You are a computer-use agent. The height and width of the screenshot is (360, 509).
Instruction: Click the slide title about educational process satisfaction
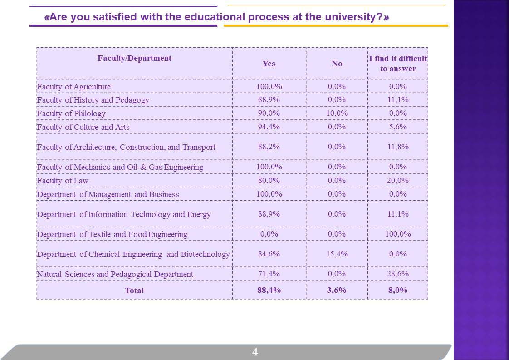[x=217, y=18]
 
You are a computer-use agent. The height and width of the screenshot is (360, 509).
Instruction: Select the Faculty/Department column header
[x=134, y=58]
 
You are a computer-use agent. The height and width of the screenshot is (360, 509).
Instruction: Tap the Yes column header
[x=269, y=64]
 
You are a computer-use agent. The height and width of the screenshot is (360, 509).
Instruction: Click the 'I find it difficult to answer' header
[x=398, y=64]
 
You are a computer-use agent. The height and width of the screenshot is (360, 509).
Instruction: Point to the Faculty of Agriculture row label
[x=73, y=87]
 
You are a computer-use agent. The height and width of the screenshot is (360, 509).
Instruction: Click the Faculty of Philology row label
[x=71, y=113]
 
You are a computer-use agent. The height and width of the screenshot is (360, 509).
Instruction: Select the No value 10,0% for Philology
[x=337, y=113]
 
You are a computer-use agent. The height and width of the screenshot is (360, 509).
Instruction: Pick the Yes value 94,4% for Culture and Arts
[x=269, y=127]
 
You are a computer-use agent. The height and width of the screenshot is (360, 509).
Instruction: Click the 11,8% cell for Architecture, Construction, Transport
[x=398, y=147]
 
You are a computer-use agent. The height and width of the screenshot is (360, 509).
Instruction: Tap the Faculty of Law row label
[x=63, y=181]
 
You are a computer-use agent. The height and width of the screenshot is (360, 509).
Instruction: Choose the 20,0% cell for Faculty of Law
[x=398, y=180]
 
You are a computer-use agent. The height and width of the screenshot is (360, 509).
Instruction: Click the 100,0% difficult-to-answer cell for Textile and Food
[x=398, y=234]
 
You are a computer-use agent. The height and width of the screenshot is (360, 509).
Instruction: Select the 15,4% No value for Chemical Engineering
[x=337, y=254]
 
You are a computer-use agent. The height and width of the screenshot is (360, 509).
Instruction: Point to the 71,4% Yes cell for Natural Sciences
[x=269, y=274]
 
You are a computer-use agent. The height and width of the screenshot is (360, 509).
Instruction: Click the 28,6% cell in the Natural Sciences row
[x=398, y=274]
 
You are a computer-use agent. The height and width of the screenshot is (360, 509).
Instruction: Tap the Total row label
[x=134, y=291]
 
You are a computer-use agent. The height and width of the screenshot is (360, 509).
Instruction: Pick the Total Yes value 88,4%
[x=269, y=290]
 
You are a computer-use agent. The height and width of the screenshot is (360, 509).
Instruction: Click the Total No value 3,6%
[x=337, y=290]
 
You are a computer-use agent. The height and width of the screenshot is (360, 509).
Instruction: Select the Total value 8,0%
[x=398, y=290]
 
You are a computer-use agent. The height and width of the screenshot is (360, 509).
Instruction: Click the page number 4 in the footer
[x=255, y=352]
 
